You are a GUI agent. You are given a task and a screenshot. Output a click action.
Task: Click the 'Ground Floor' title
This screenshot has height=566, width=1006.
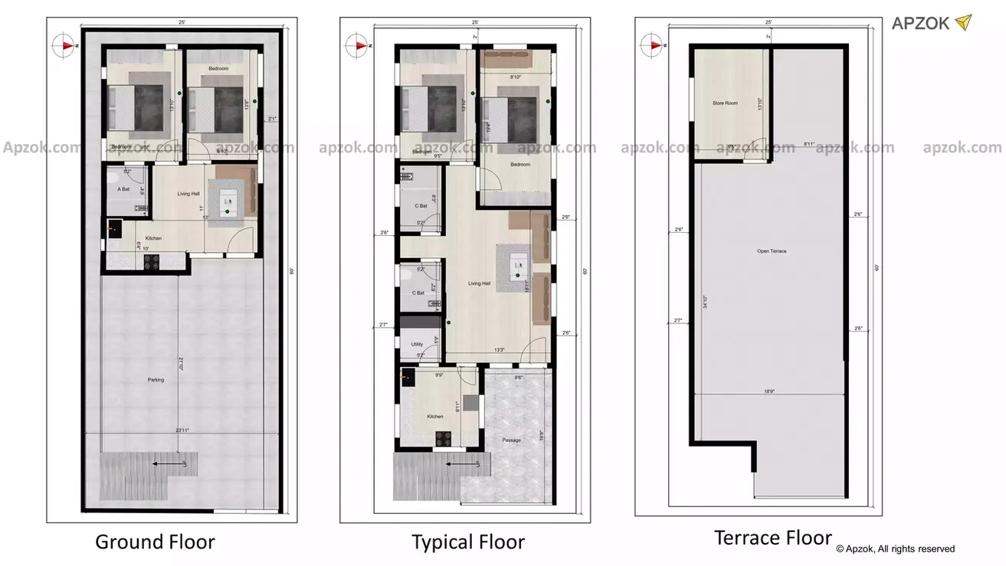point(155,542)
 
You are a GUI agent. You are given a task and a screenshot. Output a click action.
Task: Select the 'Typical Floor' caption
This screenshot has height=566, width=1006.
point(468,542)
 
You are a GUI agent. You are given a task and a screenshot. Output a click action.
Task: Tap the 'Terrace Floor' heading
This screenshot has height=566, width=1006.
point(773,537)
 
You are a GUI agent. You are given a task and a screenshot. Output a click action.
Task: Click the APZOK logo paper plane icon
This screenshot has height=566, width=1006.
point(962,23)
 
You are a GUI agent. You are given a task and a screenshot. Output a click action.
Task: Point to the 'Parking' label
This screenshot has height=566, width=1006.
point(156,380)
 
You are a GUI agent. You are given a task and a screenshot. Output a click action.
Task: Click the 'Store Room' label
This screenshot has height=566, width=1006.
point(725,103)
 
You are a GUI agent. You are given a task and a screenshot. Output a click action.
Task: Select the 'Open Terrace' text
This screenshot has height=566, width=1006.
point(772,251)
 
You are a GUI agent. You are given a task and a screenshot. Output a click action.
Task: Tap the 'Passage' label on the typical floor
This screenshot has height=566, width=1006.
point(512,440)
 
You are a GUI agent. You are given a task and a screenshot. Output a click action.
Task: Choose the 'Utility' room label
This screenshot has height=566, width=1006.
point(417,345)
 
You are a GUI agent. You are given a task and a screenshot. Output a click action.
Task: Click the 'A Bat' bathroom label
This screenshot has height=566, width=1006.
point(123,188)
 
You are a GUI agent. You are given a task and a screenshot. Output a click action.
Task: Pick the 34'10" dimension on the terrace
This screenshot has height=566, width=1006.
point(704,302)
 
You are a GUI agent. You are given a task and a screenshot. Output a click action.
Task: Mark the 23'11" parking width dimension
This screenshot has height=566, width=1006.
point(182,430)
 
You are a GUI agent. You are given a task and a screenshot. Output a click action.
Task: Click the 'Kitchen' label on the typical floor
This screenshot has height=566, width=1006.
point(435,416)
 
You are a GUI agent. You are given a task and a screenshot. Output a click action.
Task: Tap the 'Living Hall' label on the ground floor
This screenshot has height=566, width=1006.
point(188,194)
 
